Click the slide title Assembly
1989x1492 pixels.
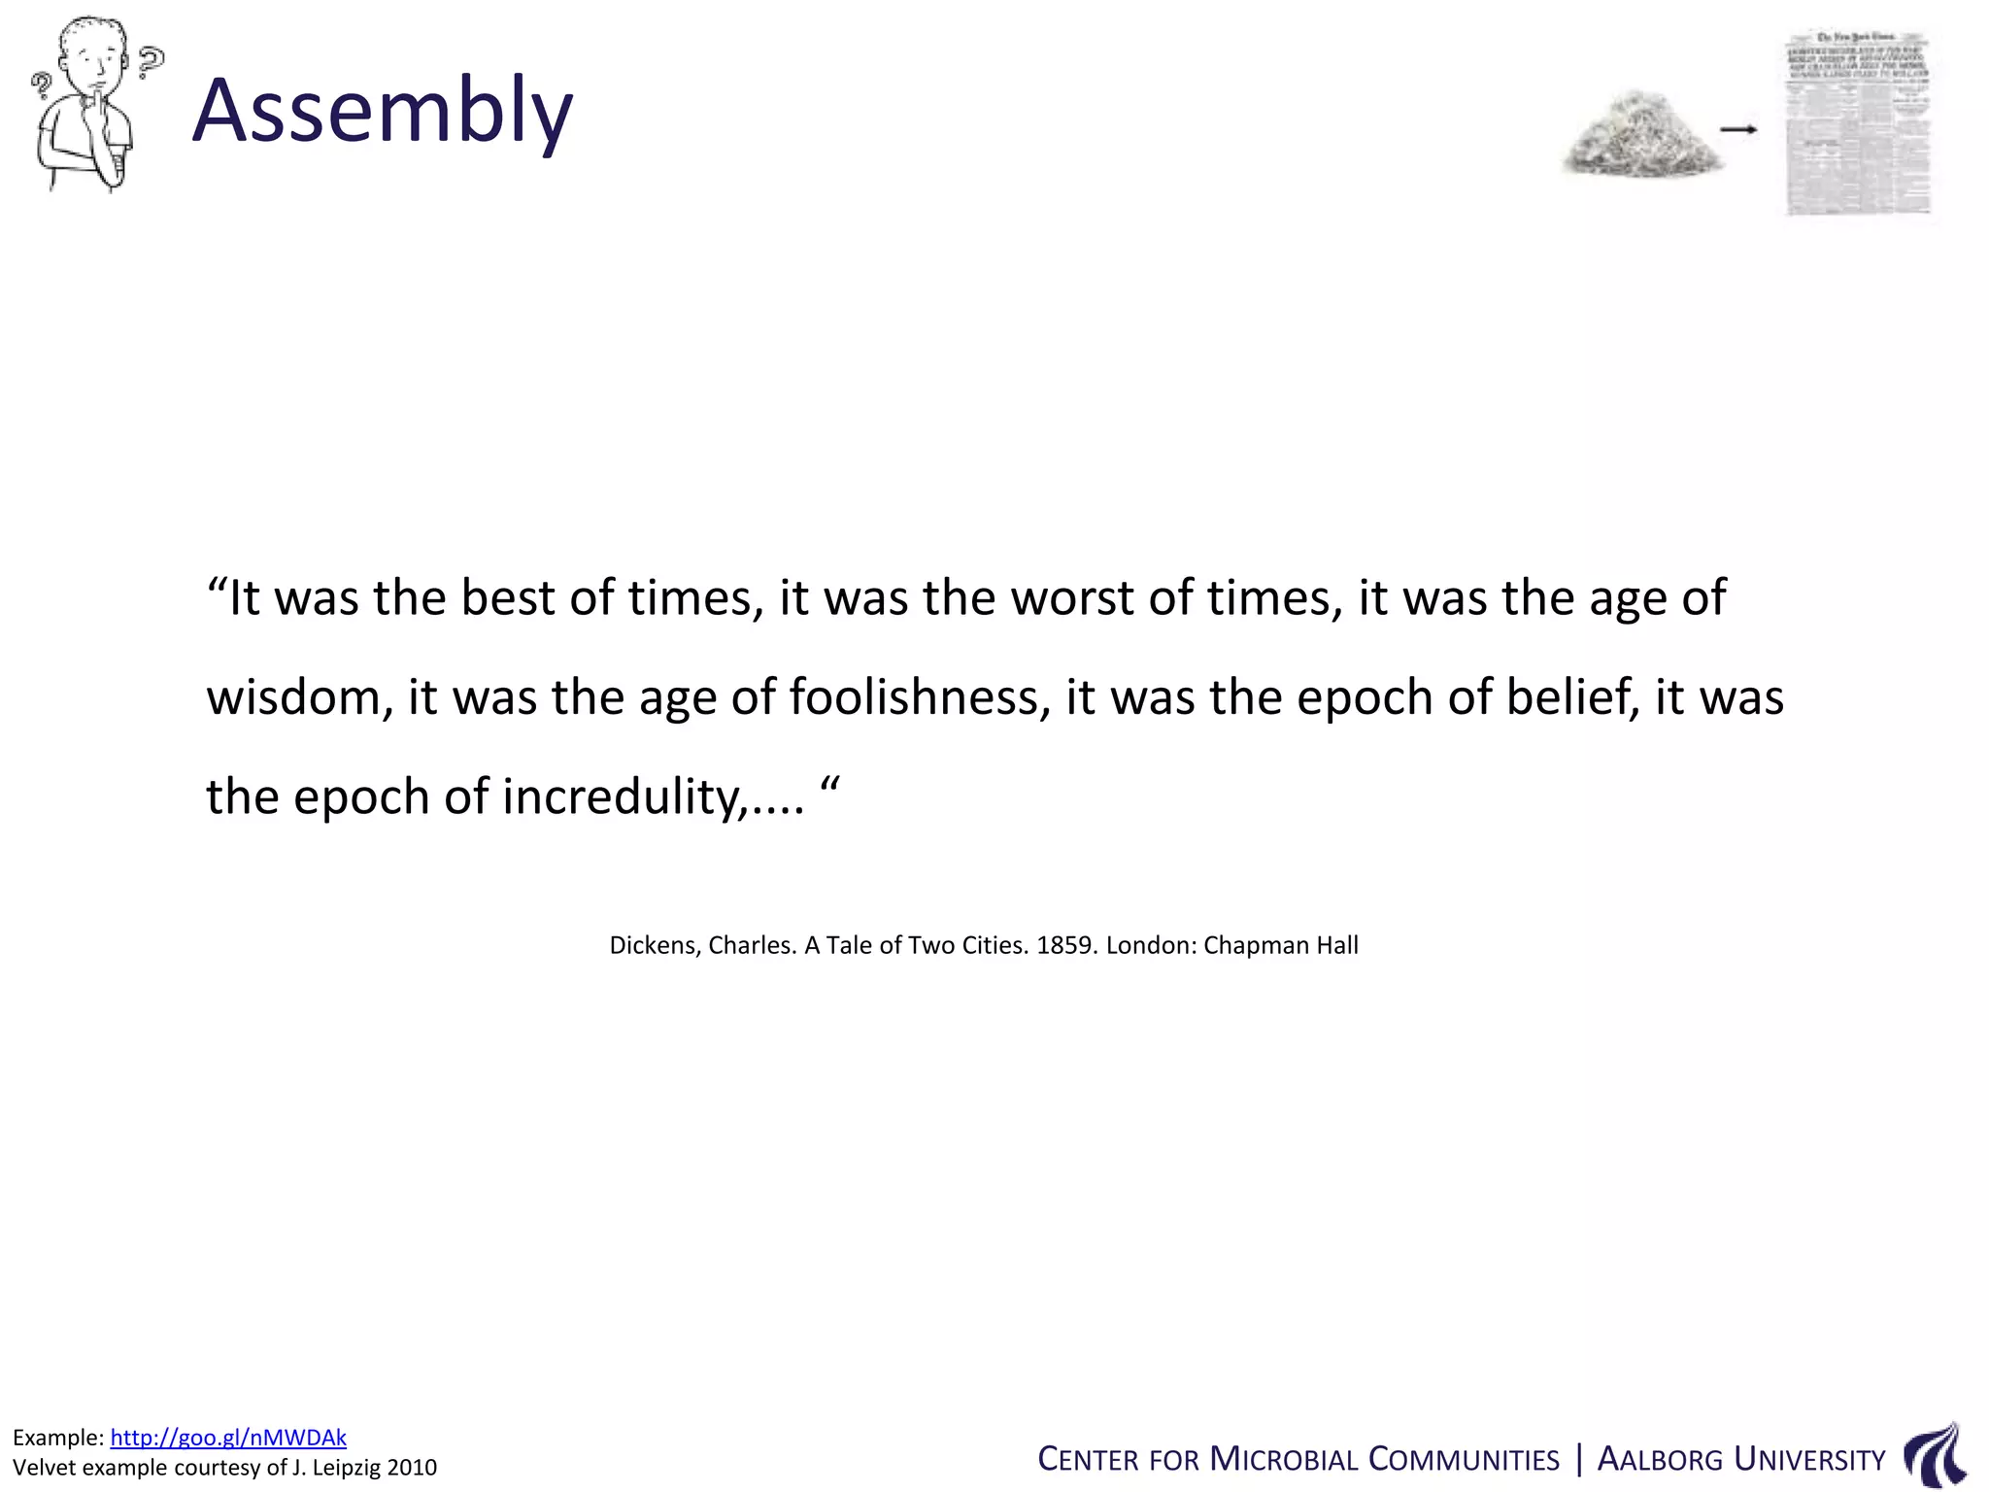coord(383,111)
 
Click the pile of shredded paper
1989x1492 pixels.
coord(1640,136)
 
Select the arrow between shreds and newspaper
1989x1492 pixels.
coord(1738,129)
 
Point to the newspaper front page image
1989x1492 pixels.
coord(1859,124)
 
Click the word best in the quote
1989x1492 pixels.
coord(507,597)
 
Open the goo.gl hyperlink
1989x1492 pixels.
coord(228,1438)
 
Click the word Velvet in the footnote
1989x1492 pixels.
coord(44,1467)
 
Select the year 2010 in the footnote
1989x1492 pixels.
coord(412,1467)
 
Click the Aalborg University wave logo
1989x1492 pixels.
coord(1935,1456)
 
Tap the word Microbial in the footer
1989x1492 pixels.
coord(1284,1460)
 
